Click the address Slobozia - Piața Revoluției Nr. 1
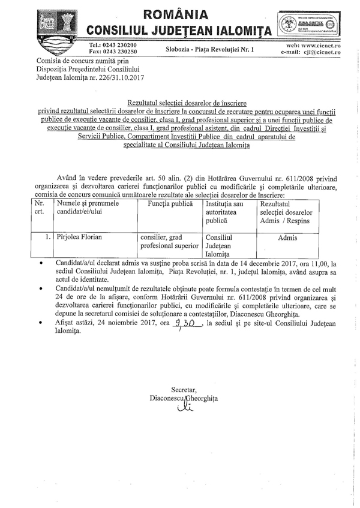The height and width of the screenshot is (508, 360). [x=210, y=49]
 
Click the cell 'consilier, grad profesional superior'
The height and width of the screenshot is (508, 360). [x=169, y=241]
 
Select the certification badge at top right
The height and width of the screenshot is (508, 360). [x=305, y=24]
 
